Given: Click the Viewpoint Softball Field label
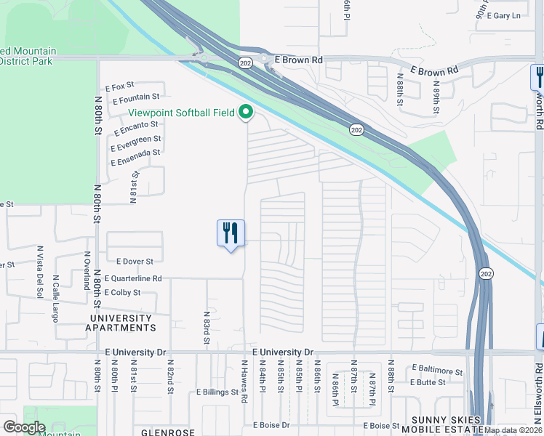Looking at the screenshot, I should [x=182, y=113].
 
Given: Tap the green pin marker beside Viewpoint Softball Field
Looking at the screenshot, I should [x=246, y=113].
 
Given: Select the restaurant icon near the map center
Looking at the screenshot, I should [x=231, y=233].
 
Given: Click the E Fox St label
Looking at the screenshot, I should [x=121, y=87].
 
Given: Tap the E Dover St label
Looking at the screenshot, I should [x=135, y=261].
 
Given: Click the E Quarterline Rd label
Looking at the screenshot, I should [x=133, y=278].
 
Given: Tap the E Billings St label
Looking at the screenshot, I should [x=217, y=392].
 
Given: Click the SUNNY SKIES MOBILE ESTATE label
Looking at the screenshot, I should [x=445, y=425].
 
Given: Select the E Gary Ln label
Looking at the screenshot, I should [x=505, y=15].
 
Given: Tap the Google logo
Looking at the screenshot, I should [x=24, y=427].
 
